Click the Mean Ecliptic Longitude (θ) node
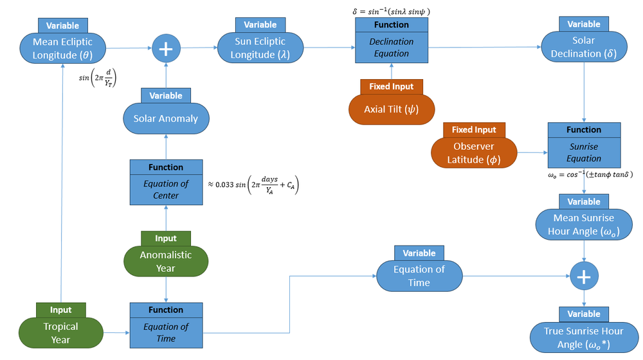[x=64, y=48]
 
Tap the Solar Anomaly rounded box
[x=166, y=118]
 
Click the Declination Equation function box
[x=392, y=47]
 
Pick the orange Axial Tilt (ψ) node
[x=392, y=109]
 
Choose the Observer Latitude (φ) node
[x=473, y=152]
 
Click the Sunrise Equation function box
[x=583, y=152]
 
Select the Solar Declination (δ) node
[x=583, y=47]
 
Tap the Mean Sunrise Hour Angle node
[x=583, y=224]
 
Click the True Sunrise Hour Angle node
[x=584, y=337]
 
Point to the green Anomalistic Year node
[x=166, y=261]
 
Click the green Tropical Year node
[x=61, y=332]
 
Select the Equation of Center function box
[x=166, y=189]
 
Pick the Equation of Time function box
[x=166, y=332]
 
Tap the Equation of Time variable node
[x=419, y=275]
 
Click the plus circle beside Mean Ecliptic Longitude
[x=166, y=49]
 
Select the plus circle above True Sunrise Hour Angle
[x=584, y=276]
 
